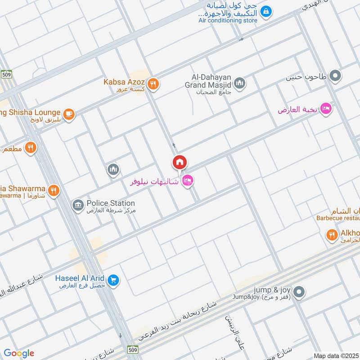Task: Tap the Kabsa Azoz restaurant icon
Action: (153, 84)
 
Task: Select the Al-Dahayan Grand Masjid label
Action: (208, 84)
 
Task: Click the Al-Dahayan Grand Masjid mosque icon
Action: (240, 83)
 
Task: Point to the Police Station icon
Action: (78, 206)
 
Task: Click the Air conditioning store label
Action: (228, 20)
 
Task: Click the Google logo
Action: (18, 353)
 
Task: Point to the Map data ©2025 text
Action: (335, 355)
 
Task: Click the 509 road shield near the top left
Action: (6, 74)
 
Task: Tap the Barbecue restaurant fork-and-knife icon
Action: (332, 234)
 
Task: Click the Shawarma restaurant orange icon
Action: (54, 190)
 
